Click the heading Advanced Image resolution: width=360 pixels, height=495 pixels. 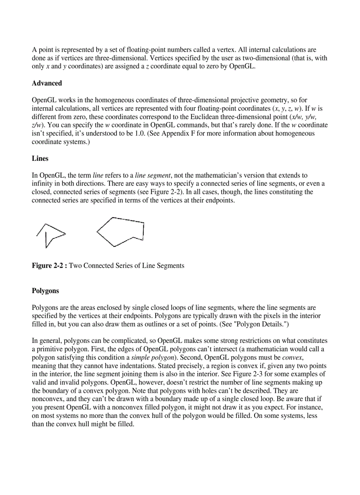47,83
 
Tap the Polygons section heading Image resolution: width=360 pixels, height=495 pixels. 45,291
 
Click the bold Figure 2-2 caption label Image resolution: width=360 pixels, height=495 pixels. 49,266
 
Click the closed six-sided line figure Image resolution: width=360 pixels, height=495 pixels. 120,231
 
